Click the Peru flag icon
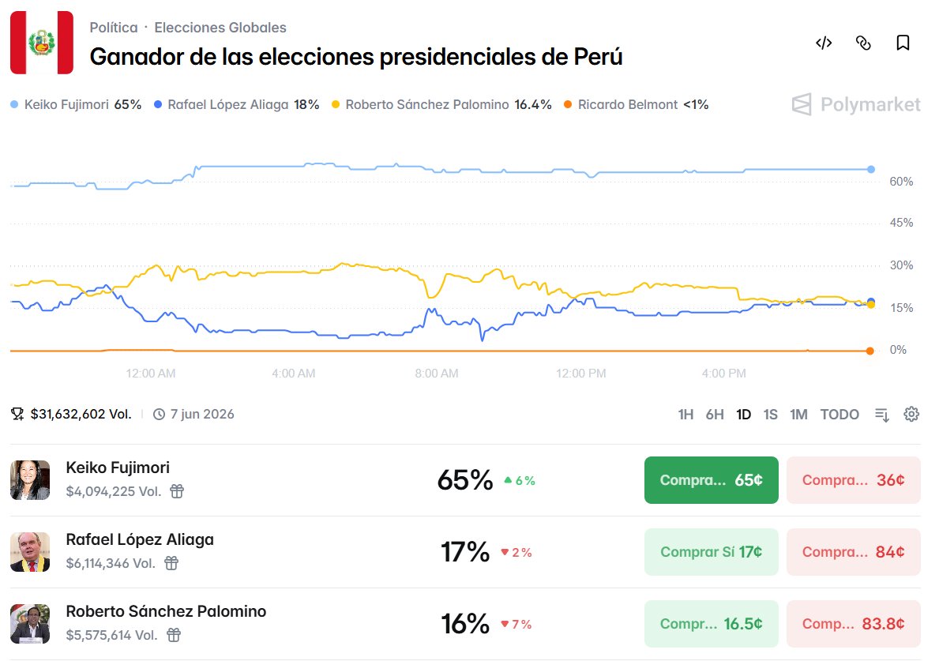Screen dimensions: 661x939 click(41, 43)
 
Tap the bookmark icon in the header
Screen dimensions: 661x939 click(903, 43)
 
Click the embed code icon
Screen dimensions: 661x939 click(824, 43)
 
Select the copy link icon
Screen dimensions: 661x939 click(863, 43)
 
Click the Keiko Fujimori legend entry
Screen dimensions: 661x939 click(76, 104)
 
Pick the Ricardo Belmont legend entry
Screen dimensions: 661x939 click(636, 104)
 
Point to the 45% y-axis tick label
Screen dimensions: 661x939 click(901, 223)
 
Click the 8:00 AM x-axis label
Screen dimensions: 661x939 click(437, 373)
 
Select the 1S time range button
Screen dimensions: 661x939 click(770, 415)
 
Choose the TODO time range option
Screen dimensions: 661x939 click(839, 415)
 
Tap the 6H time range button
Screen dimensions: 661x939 click(715, 415)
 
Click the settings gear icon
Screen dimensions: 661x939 click(911, 415)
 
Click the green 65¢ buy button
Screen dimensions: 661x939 click(711, 480)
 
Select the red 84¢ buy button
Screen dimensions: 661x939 click(853, 552)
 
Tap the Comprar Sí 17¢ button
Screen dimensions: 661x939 click(711, 552)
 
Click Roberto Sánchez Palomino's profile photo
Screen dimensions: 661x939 click(30, 624)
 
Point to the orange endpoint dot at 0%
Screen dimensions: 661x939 click(870, 351)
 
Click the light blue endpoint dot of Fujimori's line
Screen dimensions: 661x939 click(871, 169)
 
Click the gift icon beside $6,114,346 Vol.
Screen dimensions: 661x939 click(171, 563)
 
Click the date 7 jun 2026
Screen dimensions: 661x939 click(202, 414)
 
